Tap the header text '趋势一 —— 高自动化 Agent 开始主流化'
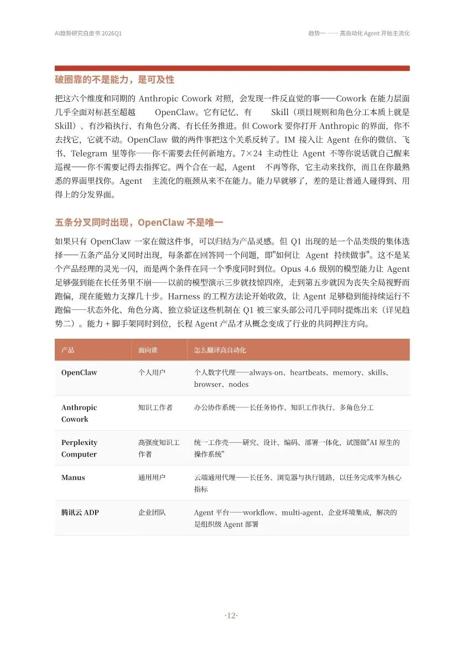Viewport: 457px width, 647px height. (359, 33)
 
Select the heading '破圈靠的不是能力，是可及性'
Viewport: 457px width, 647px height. (115, 80)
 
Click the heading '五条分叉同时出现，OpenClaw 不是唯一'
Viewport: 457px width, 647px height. (139, 222)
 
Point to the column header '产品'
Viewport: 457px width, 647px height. (68, 350)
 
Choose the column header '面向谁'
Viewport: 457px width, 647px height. (148, 350)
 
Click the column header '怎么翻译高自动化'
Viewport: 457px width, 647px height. (220, 350)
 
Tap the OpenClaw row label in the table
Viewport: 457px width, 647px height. (79, 372)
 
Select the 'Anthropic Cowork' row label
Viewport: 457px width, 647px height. (79, 413)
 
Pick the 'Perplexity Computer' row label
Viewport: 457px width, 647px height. (79, 448)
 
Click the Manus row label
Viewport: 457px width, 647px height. (73, 478)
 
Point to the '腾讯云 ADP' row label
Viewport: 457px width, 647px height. (80, 513)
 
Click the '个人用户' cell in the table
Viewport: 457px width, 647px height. (152, 372)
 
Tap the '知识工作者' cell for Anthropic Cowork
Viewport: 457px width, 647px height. (155, 407)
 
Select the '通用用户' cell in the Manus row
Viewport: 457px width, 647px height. (152, 478)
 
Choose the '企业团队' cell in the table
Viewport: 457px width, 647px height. (152, 513)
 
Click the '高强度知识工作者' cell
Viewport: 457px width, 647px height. (158, 448)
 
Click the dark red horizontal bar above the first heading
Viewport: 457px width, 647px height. (232, 68)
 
